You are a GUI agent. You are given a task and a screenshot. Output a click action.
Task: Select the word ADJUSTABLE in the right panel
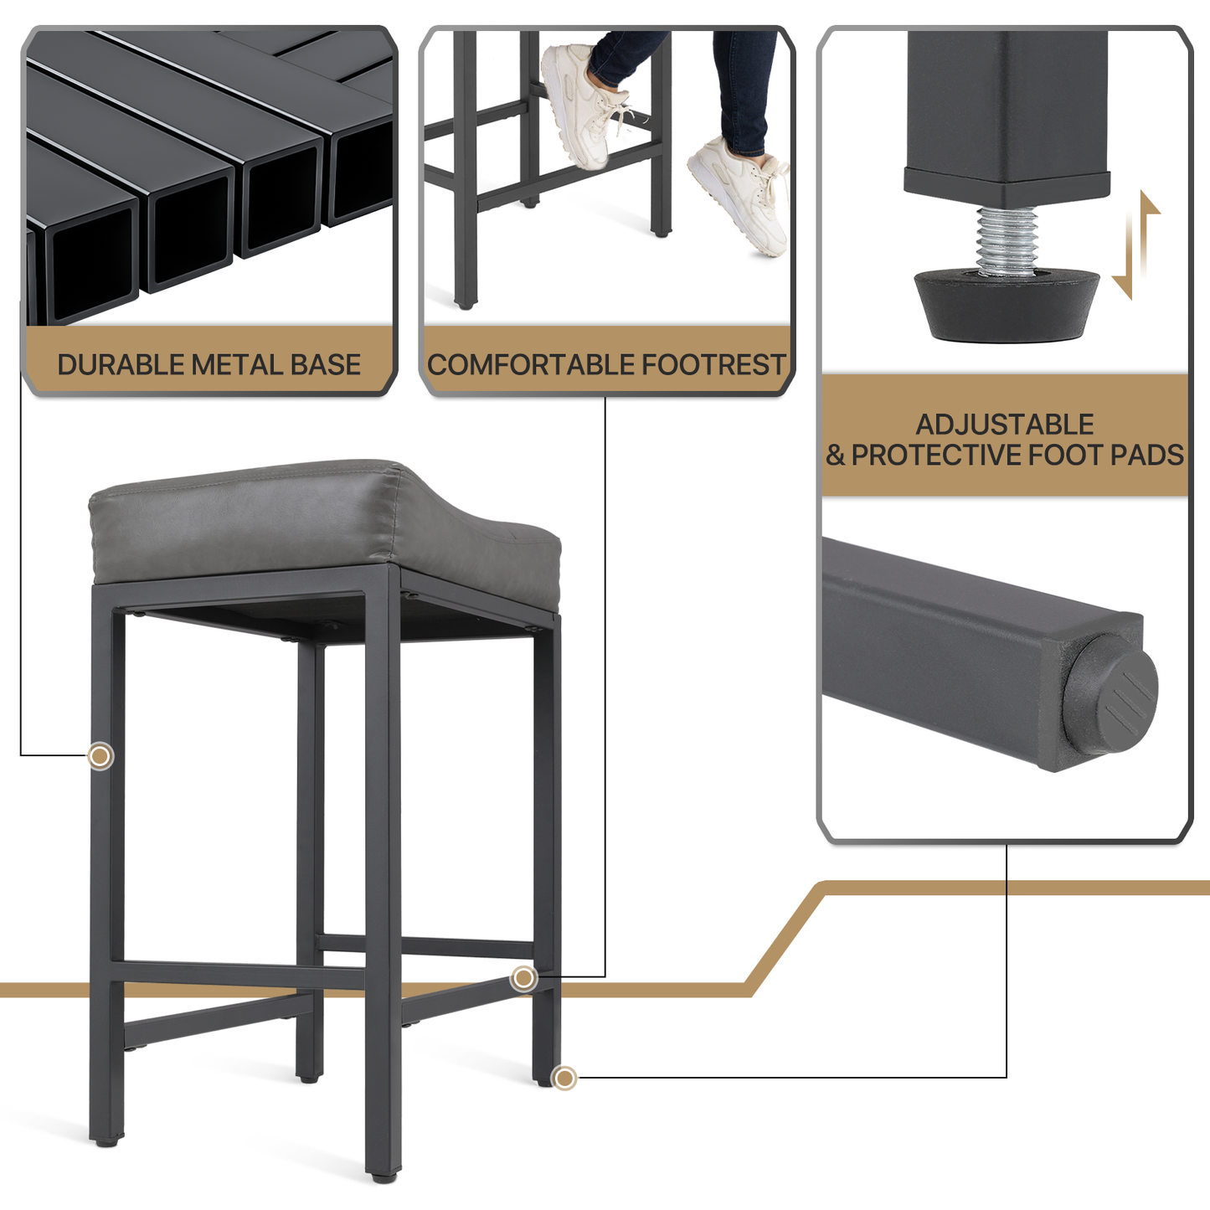click(1005, 425)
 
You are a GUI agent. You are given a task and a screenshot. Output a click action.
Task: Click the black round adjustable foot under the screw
click(1007, 305)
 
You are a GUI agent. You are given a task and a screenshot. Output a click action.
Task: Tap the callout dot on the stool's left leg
click(100, 756)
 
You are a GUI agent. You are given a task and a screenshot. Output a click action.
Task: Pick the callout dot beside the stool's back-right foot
click(564, 1096)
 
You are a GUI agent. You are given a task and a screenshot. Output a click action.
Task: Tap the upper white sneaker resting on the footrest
click(584, 106)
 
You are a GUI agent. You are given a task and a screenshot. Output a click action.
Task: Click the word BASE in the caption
click(326, 365)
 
